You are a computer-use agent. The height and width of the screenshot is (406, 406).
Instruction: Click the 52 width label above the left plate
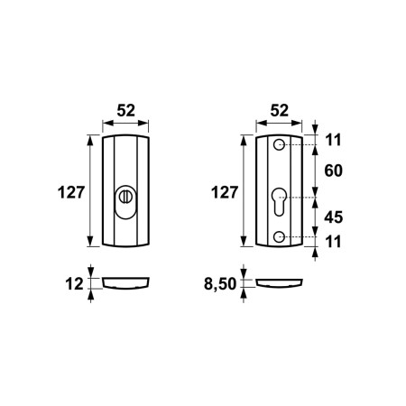tap(126, 110)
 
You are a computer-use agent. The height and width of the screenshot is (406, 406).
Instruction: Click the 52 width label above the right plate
tap(280, 110)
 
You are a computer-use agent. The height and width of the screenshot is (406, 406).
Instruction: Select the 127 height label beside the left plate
tap(71, 192)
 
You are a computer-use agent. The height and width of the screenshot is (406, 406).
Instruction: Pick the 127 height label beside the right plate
tap(225, 192)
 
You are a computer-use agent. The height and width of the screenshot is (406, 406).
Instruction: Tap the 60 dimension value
tap(333, 171)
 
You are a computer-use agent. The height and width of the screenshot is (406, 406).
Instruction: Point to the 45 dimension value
tap(333, 217)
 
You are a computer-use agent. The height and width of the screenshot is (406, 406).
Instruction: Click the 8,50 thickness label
tap(220, 283)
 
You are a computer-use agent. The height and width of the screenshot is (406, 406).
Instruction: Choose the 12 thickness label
tap(74, 284)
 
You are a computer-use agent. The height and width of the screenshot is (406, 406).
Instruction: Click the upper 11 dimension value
tap(334, 140)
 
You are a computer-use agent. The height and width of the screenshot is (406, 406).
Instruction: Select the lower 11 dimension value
tap(334, 242)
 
